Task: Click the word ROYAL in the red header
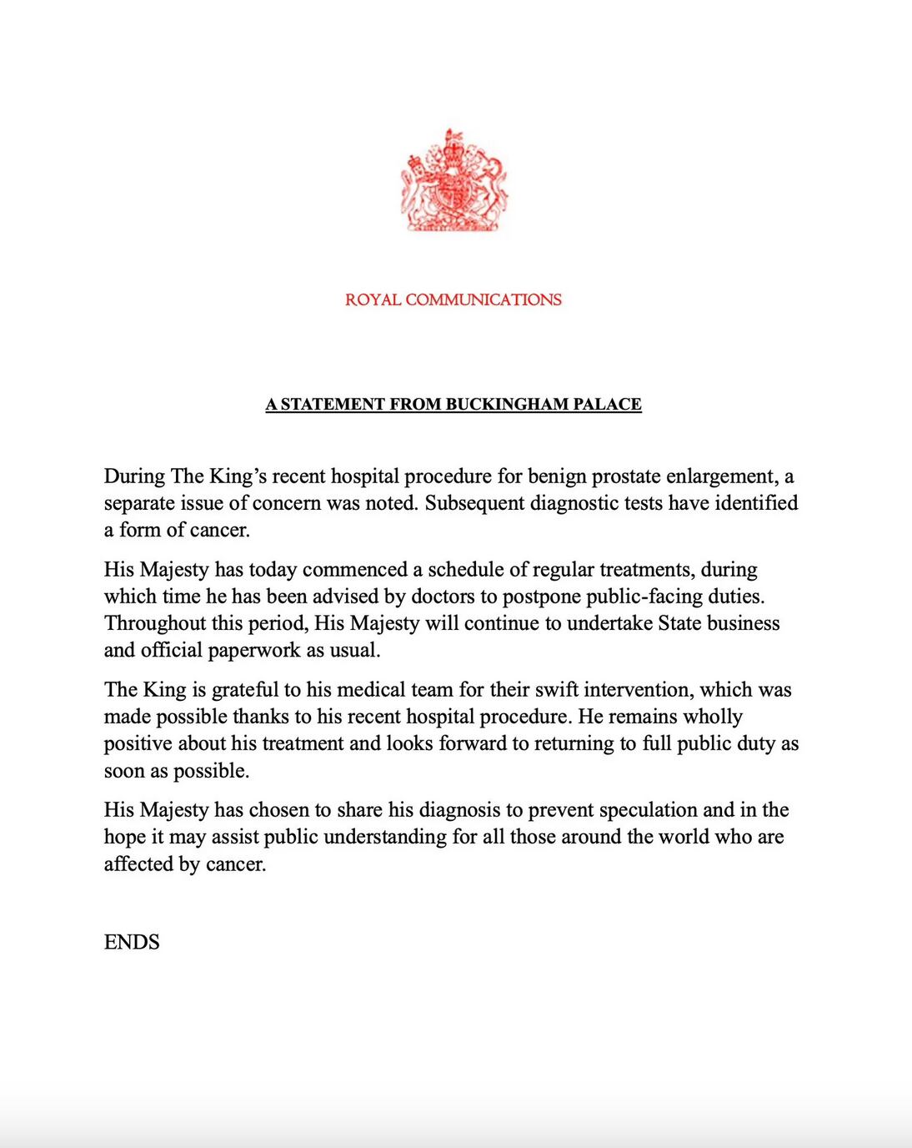(x=373, y=300)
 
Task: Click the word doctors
(x=451, y=597)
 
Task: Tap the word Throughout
(x=155, y=623)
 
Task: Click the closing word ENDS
(x=132, y=942)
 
